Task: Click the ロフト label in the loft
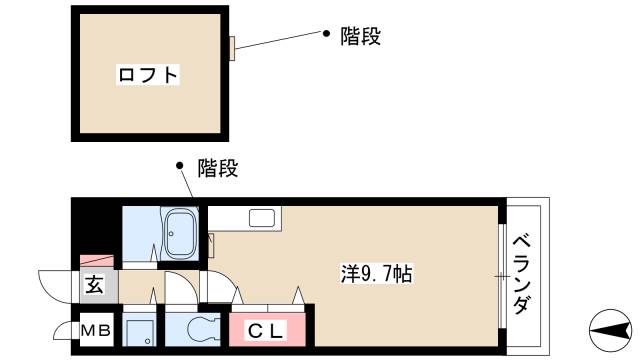click(148, 74)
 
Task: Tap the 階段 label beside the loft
click(361, 37)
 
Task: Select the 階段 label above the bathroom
click(217, 168)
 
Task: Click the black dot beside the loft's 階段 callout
click(325, 34)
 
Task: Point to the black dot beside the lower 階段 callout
click(180, 165)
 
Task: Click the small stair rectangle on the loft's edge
click(231, 48)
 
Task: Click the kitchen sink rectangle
click(263, 218)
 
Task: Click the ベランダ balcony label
click(522, 275)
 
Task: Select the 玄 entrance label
click(94, 286)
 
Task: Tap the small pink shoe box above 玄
click(95, 260)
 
